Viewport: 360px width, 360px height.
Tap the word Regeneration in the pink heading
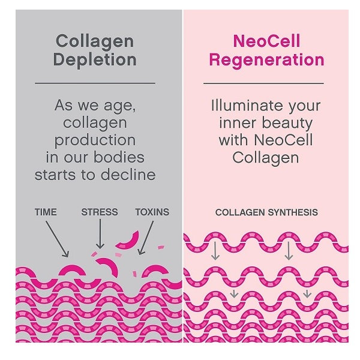click(266, 60)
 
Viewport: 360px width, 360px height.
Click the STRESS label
click(100, 212)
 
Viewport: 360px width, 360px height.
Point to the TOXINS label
click(152, 212)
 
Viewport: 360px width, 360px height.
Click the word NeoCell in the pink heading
click(266, 41)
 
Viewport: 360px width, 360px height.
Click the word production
click(95, 140)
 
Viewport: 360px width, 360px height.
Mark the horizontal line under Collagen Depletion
click(95, 83)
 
